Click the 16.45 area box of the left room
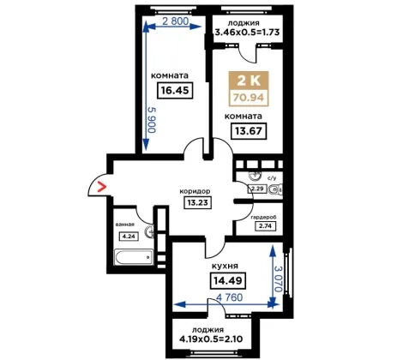(x=175, y=91)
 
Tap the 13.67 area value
(x=249, y=131)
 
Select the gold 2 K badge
(x=249, y=80)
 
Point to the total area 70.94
(x=249, y=98)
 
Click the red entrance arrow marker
(x=101, y=187)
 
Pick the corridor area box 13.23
(x=198, y=203)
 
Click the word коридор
(x=195, y=191)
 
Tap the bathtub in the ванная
(x=134, y=257)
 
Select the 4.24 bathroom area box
(x=129, y=237)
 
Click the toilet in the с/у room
(x=276, y=189)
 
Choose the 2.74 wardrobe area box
(x=266, y=226)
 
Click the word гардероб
(x=263, y=218)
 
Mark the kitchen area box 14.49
(x=228, y=280)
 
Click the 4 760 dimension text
(x=230, y=297)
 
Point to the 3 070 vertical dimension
(x=278, y=279)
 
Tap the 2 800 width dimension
(x=176, y=21)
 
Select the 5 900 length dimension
(x=152, y=120)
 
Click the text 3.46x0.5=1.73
(x=247, y=32)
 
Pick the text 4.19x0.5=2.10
(x=211, y=339)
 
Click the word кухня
(x=225, y=266)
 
